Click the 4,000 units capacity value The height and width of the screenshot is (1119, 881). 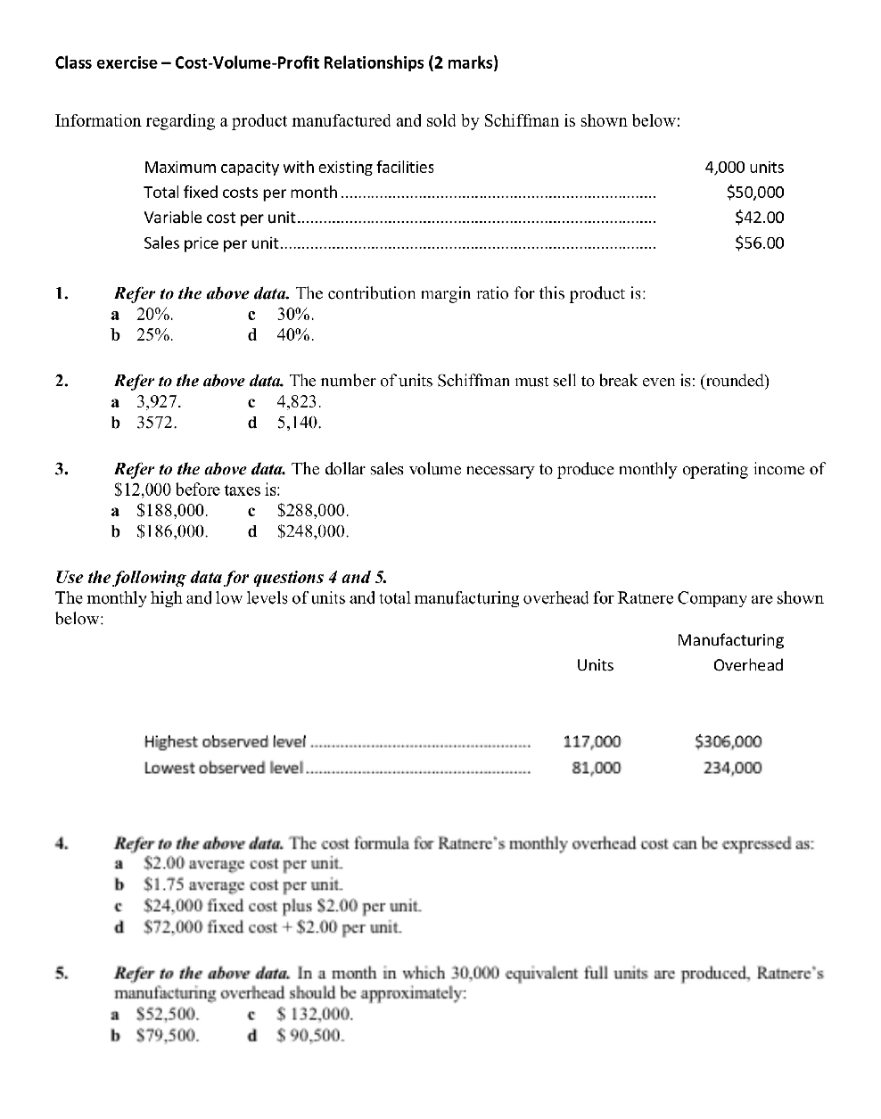click(744, 167)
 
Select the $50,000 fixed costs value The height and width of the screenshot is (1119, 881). click(755, 192)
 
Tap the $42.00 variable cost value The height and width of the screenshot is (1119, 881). click(759, 217)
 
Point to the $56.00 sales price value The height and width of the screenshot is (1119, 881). click(759, 243)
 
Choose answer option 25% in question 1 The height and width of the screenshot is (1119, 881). click(154, 335)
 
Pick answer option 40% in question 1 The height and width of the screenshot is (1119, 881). click(295, 335)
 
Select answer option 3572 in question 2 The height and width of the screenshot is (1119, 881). click(156, 423)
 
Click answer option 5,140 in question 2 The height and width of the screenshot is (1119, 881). click(299, 423)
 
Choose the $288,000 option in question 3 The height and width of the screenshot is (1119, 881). click(313, 511)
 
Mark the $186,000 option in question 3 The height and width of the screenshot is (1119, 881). click(172, 531)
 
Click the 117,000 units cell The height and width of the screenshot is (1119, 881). click(592, 742)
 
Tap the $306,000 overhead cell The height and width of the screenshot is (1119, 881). click(728, 742)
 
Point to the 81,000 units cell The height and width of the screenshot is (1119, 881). click(596, 768)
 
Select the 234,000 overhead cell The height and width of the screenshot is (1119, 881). click(732, 768)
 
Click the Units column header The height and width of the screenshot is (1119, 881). click(595, 665)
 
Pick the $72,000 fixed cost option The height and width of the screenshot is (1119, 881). click(272, 927)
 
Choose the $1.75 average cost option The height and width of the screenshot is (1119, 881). click(243, 885)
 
